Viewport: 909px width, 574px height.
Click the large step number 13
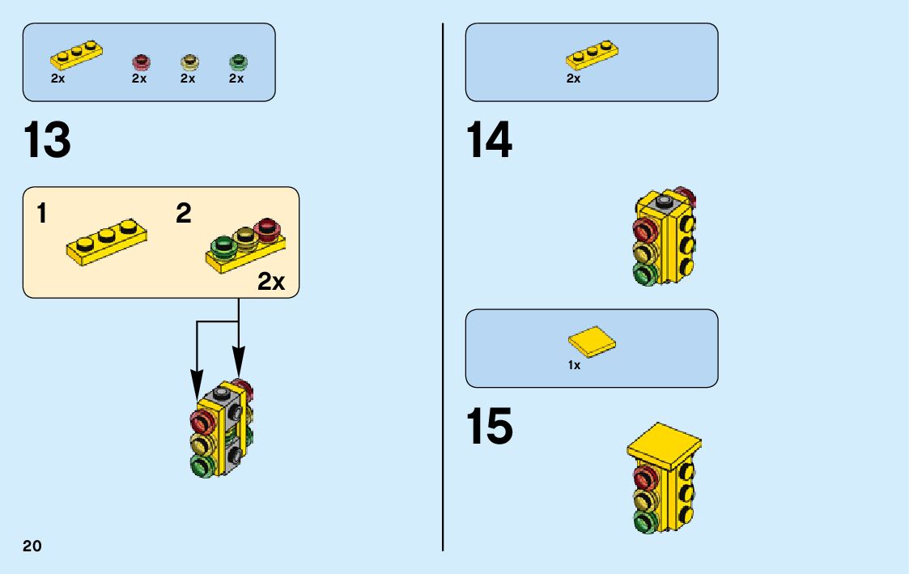point(48,141)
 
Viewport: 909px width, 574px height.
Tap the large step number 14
point(489,141)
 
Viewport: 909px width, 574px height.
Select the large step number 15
point(489,427)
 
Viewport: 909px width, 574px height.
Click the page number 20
point(32,545)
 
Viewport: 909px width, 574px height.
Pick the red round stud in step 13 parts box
point(142,62)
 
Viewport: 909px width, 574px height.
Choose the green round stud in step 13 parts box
point(238,62)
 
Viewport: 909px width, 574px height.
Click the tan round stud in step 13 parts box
point(190,62)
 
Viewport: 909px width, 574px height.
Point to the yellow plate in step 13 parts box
point(77,55)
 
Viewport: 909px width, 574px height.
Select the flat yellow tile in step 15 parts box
point(592,340)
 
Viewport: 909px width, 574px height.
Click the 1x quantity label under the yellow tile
point(574,365)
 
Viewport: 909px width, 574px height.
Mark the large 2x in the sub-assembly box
point(272,282)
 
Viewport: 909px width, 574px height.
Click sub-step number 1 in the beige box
point(41,215)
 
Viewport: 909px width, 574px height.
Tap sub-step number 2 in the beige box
point(184,215)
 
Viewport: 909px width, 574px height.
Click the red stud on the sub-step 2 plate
point(265,230)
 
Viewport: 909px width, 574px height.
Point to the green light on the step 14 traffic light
point(644,274)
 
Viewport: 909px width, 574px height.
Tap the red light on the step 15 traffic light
point(644,476)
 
